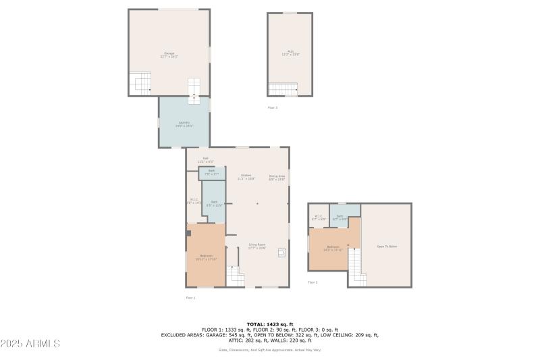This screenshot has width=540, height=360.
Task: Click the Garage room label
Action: click(x=168, y=54)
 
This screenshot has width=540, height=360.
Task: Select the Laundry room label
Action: click(x=184, y=124)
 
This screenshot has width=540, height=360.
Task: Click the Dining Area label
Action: click(x=277, y=177)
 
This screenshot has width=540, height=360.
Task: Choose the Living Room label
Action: click(x=257, y=247)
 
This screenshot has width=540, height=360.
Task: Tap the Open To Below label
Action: click(x=387, y=247)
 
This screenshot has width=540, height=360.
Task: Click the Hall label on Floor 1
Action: click(x=205, y=160)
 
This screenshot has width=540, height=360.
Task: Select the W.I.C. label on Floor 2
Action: click(x=318, y=217)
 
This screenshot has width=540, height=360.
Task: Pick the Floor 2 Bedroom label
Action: click(x=333, y=248)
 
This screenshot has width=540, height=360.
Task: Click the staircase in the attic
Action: click(x=282, y=89)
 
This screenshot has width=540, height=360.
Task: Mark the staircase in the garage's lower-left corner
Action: click(x=141, y=84)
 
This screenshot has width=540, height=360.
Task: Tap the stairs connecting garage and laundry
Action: click(x=194, y=91)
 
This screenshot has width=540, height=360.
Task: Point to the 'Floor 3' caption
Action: click(x=272, y=107)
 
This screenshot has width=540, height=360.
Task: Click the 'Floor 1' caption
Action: click(x=190, y=297)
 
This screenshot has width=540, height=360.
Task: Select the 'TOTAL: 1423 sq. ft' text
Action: click(x=270, y=324)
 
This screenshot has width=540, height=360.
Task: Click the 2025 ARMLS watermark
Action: click(x=31, y=344)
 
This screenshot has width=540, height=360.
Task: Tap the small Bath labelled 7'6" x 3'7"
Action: click(x=211, y=173)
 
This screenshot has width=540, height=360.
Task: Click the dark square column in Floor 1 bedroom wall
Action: click(x=189, y=233)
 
